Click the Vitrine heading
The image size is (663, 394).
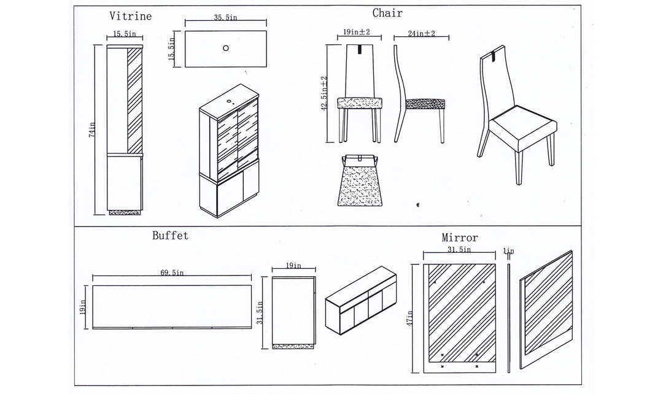click(x=130, y=17)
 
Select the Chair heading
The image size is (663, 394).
click(x=387, y=13)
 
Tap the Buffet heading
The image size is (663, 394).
click(x=170, y=235)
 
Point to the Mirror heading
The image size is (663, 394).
click(x=460, y=238)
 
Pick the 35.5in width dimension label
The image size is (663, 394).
click(x=226, y=18)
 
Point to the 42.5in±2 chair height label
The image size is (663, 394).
click(x=324, y=92)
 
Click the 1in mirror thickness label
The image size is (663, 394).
click(x=508, y=251)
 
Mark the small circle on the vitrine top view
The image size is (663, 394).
click(x=226, y=47)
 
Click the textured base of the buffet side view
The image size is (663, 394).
click(x=294, y=346)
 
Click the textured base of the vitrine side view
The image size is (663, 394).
click(x=125, y=212)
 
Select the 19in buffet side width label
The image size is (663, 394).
click(x=293, y=266)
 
